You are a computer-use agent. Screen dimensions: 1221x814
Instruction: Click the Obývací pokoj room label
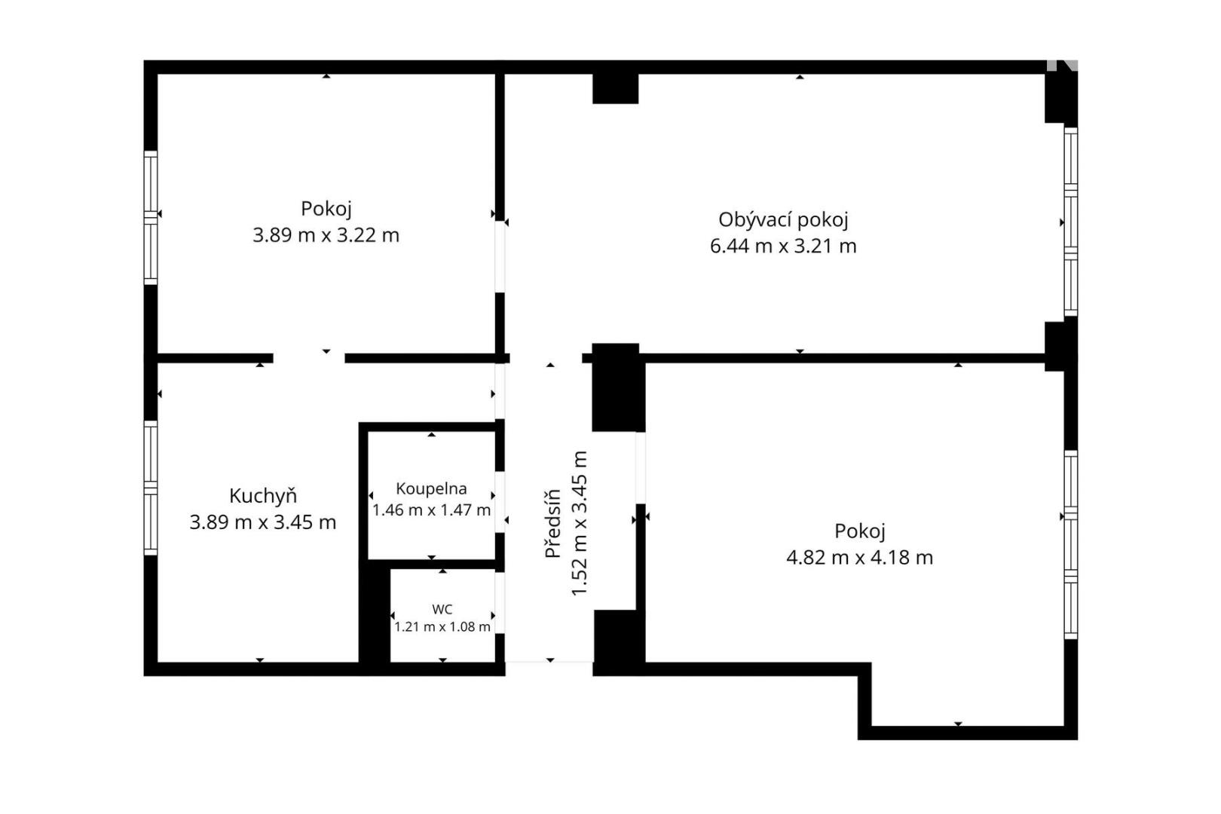click(x=783, y=220)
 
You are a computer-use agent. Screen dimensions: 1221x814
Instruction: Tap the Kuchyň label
click(x=263, y=496)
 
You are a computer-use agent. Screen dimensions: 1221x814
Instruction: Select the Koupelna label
click(x=431, y=488)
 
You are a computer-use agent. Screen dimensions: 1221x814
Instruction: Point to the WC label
click(x=442, y=609)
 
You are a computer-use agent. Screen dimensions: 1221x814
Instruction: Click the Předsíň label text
click(x=552, y=523)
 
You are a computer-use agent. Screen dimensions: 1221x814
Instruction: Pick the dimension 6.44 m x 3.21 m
click(x=783, y=246)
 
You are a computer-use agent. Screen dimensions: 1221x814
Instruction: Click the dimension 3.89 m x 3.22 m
click(x=326, y=235)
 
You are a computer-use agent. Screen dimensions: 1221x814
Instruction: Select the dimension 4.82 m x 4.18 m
click(x=860, y=557)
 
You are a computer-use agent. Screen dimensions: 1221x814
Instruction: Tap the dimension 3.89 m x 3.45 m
click(x=263, y=522)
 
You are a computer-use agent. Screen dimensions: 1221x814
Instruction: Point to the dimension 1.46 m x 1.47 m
click(x=431, y=510)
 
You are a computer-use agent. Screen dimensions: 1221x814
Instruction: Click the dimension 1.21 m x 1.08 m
click(x=442, y=627)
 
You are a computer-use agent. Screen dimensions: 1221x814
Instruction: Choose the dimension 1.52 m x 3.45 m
click(x=579, y=523)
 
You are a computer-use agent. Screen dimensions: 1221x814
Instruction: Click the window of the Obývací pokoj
click(x=1070, y=222)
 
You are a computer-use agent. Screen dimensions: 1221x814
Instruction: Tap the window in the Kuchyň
click(x=151, y=488)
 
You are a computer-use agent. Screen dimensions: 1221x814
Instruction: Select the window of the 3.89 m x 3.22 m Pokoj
click(x=151, y=218)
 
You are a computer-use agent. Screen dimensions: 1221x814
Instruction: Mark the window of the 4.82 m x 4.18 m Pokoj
click(x=1070, y=545)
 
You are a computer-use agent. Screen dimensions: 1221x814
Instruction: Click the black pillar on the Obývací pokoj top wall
click(x=616, y=88)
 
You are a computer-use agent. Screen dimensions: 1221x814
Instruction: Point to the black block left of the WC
click(x=375, y=615)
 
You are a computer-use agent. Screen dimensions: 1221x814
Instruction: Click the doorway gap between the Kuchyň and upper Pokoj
click(x=309, y=358)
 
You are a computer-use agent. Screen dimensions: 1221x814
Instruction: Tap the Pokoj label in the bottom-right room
click(x=860, y=531)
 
